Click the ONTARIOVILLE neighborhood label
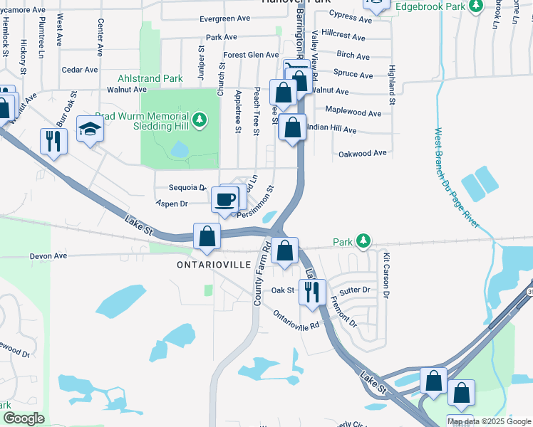point(213,264)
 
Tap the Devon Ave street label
point(48,255)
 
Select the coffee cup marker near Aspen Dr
point(226,199)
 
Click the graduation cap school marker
point(90,130)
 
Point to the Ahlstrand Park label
point(147,79)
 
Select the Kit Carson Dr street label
point(386,275)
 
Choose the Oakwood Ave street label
point(362,153)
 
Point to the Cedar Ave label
point(80,70)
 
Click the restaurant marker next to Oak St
point(312,292)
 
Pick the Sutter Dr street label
point(355,290)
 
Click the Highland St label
point(391,82)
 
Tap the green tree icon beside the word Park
point(363,241)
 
